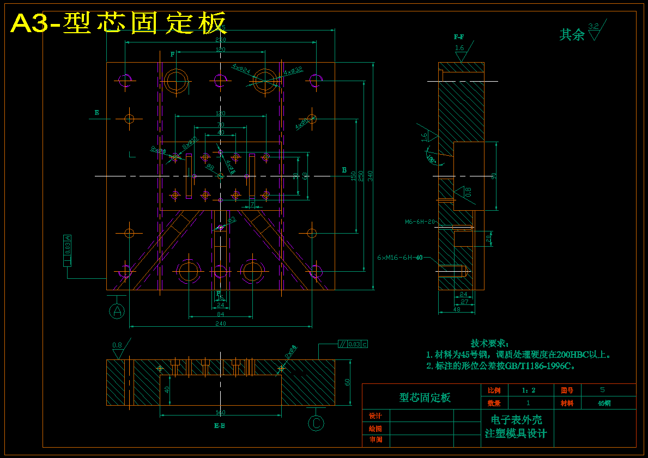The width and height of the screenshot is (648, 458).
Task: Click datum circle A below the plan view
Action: (x=117, y=311)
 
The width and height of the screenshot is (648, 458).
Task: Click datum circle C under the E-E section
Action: (x=316, y=423)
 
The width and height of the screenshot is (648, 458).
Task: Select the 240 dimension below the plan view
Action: (x=220, y=323)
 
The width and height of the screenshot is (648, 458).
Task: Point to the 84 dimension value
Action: (x=220, y=314)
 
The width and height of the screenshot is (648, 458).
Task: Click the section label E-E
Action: (x=220, y=426)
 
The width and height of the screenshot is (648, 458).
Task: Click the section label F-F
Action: (x=459, y=37)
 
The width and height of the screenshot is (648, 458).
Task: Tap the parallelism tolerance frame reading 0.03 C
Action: (x=353, y=344)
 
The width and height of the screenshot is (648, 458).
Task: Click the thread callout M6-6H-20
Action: (x=420, y=222)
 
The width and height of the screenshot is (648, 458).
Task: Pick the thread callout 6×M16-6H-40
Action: (x=400, y=258)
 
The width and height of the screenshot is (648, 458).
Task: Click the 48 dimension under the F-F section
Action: (x=457, y=309)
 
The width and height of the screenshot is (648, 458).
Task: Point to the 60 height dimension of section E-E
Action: (x=347, y=382)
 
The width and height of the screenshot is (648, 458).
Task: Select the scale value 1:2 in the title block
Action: (x=528, y=390)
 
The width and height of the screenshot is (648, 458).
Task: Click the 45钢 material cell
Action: (x=604, y=404)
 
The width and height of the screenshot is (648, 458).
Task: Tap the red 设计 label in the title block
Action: (x=376, y=416)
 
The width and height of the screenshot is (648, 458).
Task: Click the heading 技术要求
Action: (x=490, y=343)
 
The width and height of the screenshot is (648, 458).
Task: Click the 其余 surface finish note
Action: (x=572, y=35)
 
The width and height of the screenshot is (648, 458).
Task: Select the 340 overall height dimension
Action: (x=371, y=175)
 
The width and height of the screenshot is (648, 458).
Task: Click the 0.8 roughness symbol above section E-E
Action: (x=118, y=345)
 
